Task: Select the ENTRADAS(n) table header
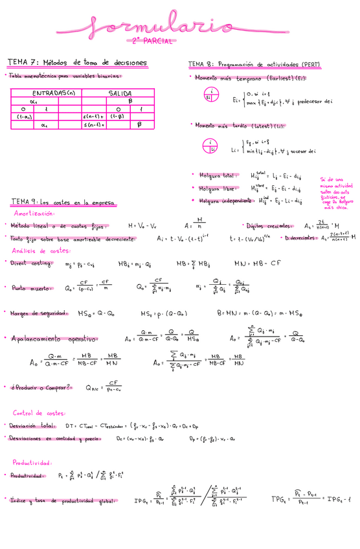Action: [x=54, y=93]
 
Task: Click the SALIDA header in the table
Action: [x=120, y=93]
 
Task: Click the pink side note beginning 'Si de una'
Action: [x=335, y=194]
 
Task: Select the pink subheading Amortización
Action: [x=33, y=213]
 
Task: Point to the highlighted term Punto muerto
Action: [x=28, y=287]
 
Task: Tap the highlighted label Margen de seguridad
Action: [x=39, y=313]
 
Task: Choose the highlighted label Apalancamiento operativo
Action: [x=54, y=338]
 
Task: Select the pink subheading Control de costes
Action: [x=38, y=413]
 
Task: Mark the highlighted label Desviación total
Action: [x=31, y=426]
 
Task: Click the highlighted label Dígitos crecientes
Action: [x=269, y=226]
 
